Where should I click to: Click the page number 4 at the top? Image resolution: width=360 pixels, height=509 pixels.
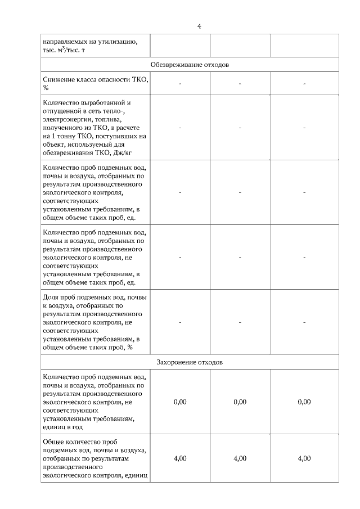tap(199, 26)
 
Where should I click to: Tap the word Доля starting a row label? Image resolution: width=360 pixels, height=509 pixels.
tap(51, 298)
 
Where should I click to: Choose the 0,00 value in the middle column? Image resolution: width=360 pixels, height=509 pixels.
tap(240, 402)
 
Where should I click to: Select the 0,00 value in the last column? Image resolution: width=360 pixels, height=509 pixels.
tap(304, 402)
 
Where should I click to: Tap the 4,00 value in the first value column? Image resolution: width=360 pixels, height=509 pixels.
tap(180, 458)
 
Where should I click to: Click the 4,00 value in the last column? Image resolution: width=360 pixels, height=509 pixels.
tap(304, 458)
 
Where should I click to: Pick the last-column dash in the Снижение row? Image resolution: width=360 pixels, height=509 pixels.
tap(304, 84)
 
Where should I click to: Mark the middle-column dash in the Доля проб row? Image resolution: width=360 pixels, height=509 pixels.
tap(240, 322)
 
